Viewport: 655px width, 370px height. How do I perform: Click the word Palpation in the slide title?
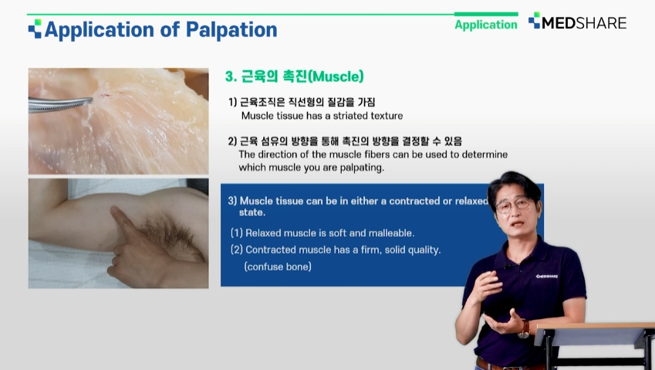(x=231, y=30)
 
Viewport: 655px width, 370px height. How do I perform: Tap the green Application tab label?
(x=486, y=25)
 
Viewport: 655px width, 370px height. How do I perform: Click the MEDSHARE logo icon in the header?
(x=534, y=21)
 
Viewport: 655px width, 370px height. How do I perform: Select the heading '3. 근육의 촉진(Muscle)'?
(x=294, y=76)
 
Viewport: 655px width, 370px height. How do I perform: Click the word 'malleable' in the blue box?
(x=391, y=233)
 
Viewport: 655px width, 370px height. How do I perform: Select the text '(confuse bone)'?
(x=278, y=266)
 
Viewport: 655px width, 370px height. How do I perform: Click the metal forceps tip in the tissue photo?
(x=89, y=100)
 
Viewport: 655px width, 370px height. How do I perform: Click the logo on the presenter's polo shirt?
(x=547, y=277)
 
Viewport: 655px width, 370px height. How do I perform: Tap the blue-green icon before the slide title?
(x=35, y=29)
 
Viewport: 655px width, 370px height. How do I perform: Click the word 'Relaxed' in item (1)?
(x=262, y=233)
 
